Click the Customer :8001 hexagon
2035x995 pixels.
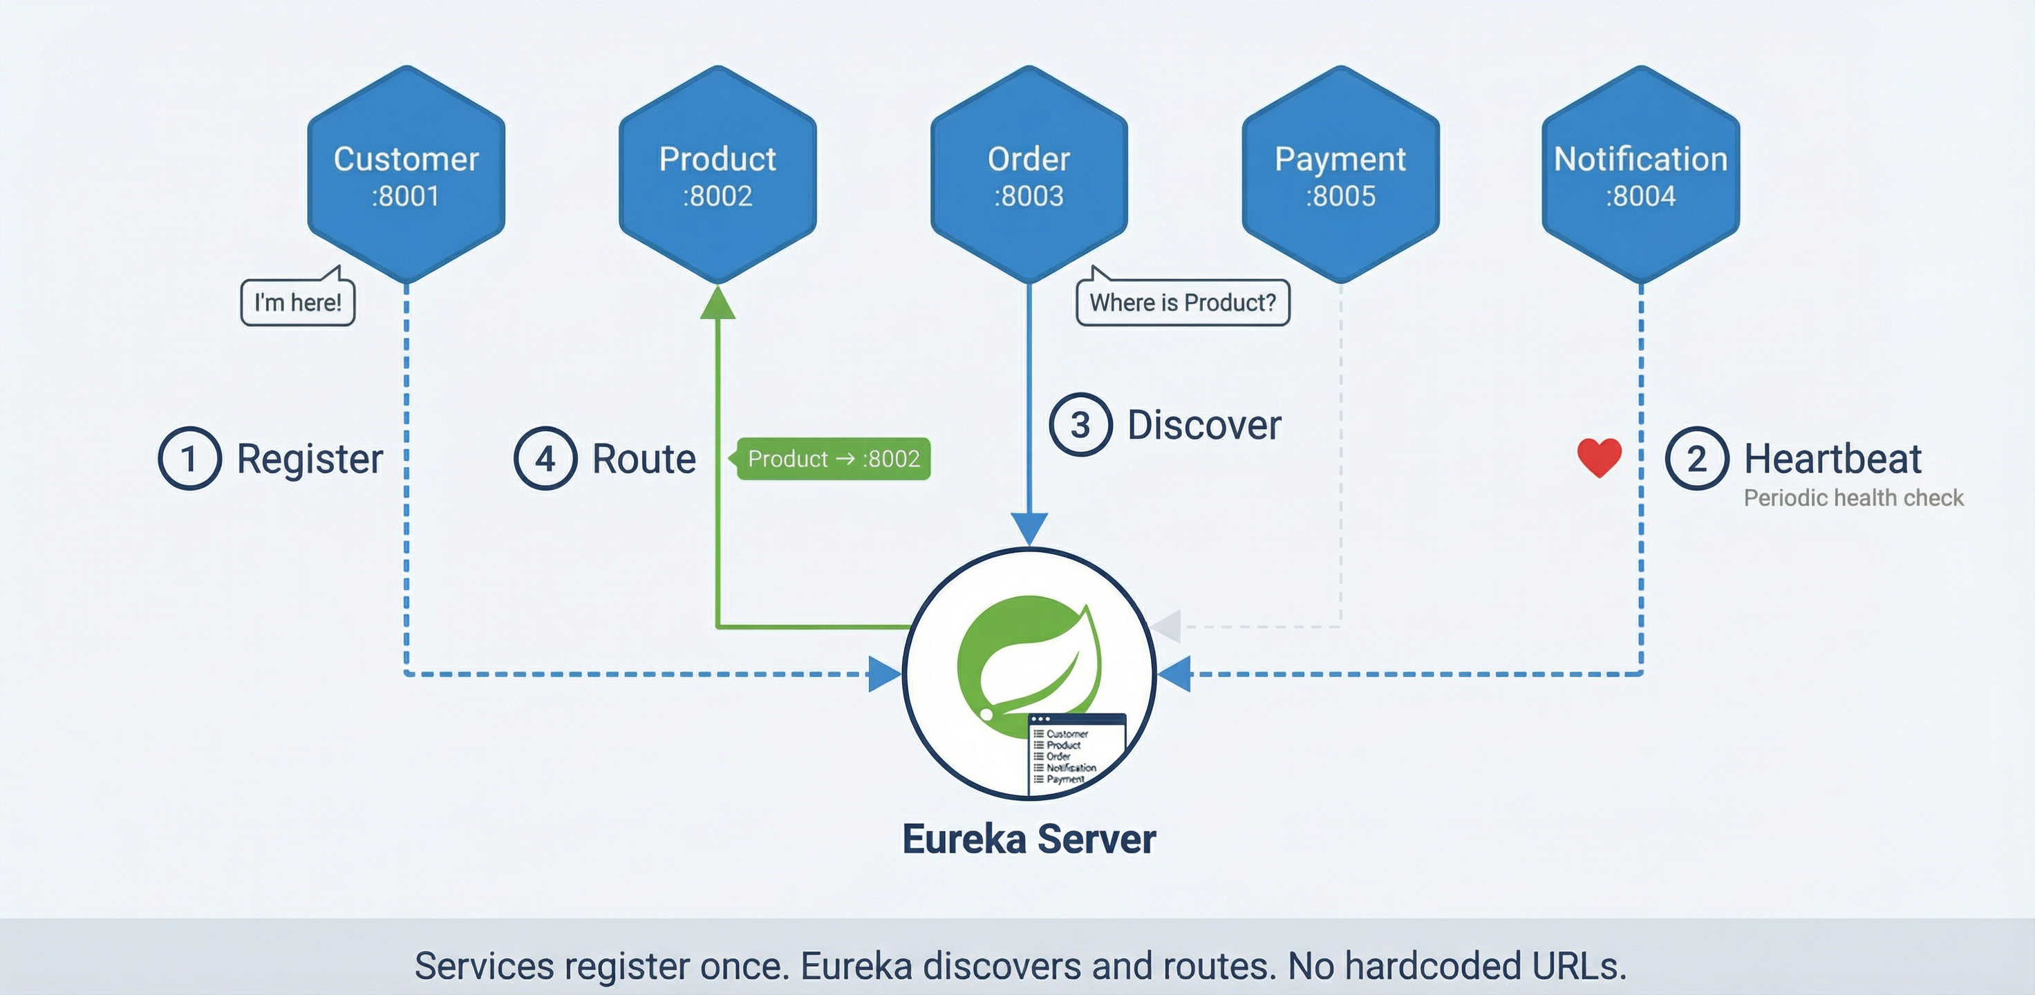click(406, 175)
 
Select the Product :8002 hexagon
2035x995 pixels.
click(718, 175)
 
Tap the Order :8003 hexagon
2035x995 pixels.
click(1029, 175)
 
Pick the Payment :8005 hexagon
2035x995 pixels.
click(1340, 175)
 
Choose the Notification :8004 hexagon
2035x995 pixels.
click(1640, 175)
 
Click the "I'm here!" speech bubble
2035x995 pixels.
click(298, 303)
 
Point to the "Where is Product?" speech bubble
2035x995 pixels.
click(1183, 303)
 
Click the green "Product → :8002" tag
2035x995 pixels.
click(833, 459)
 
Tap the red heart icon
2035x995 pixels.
click(1599, 457)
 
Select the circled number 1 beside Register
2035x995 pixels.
click(189, 458)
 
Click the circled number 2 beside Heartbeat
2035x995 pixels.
click(1696, 458)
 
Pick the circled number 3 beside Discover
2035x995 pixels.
click(1080, 425)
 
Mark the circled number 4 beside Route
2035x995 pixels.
click(545, 458)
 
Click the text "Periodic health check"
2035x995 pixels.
click(1853, 498)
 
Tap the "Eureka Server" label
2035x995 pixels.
click(1029, 839)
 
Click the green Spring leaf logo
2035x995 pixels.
click(1027, 656)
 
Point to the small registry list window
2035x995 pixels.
click(1076, 754)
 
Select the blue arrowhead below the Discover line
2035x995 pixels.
click(1029, 527)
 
